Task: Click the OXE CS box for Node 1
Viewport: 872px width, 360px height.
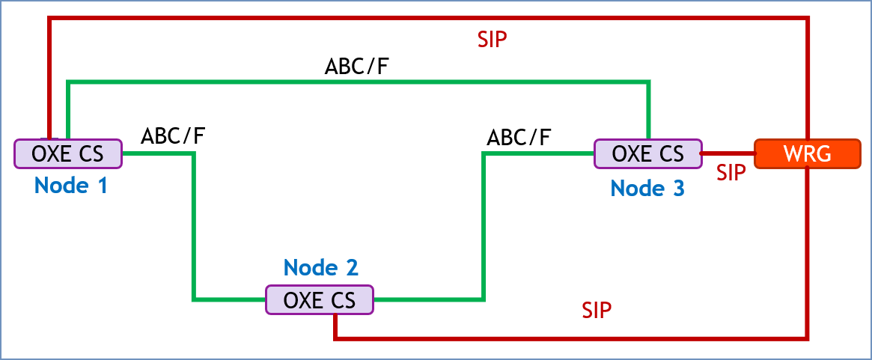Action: [68, 153]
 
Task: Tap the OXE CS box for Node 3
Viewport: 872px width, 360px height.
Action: [647, 153]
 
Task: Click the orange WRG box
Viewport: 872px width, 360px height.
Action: [807, 153]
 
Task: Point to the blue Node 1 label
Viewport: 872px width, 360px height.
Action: [71, 185]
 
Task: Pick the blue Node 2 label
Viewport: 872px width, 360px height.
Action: [321, 266]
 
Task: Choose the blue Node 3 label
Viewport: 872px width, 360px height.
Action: [647, 189]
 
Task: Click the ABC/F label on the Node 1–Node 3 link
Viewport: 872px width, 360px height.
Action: [356, 66]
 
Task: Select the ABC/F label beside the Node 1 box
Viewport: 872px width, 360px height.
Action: [174, 136]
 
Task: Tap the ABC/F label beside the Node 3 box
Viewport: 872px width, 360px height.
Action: [519, 138]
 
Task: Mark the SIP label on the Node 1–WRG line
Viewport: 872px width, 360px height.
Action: [493, 40]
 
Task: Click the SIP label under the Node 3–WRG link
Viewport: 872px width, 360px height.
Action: [731, 173]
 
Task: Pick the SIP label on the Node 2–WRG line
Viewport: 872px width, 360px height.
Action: [597, 311]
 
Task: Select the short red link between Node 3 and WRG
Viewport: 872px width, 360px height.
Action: [728, 153]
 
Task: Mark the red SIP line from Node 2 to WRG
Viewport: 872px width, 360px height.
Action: [569, 338]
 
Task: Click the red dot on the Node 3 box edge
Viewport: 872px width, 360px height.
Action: [701, 153]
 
